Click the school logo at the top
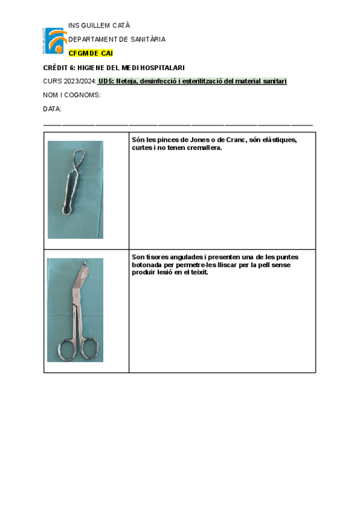55,41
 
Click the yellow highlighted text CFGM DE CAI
91,53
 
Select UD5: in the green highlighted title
106,81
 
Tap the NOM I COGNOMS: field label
71,95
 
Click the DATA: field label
52,109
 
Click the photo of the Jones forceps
76,190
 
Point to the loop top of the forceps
77,158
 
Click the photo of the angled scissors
75,310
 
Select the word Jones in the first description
181,140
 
